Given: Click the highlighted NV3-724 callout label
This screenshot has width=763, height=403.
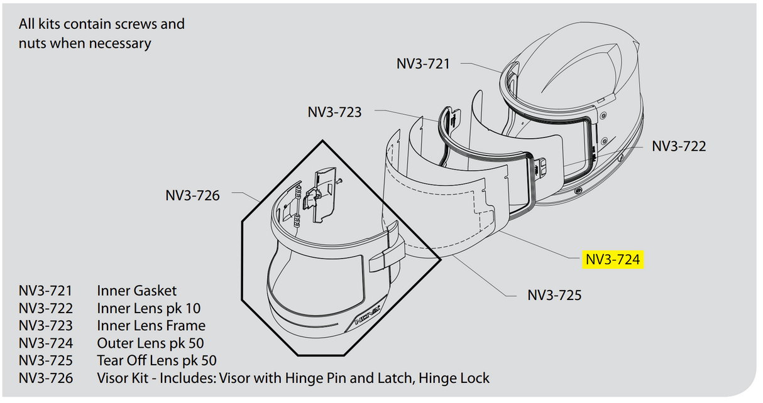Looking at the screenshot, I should pos(613,259).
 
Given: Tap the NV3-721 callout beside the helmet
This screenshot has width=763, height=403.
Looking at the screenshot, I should pos(423,63).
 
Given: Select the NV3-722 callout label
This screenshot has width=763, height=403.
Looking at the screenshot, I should pos(679,146).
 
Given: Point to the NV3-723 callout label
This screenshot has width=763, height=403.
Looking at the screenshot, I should pos(334,112).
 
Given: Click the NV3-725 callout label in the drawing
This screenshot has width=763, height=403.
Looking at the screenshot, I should pos(554,294).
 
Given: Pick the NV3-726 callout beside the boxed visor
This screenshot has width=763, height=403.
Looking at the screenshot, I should pos(192,195).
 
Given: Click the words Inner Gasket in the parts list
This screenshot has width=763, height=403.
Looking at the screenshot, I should pos(136,291).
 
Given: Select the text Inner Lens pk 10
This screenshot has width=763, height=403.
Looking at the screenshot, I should pos(148,308).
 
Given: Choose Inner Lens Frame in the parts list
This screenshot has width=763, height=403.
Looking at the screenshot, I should pos(151,326).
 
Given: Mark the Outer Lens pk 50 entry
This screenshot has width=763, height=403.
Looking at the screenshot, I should pos(150,343).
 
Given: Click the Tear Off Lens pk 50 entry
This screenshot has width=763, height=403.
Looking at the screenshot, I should pos(156,361).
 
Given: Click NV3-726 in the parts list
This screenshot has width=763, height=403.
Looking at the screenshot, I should pos(46,379).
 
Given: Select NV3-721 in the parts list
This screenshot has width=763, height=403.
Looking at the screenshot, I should pos(46,291).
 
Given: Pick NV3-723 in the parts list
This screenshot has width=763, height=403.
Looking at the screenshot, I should pos(46,326).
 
